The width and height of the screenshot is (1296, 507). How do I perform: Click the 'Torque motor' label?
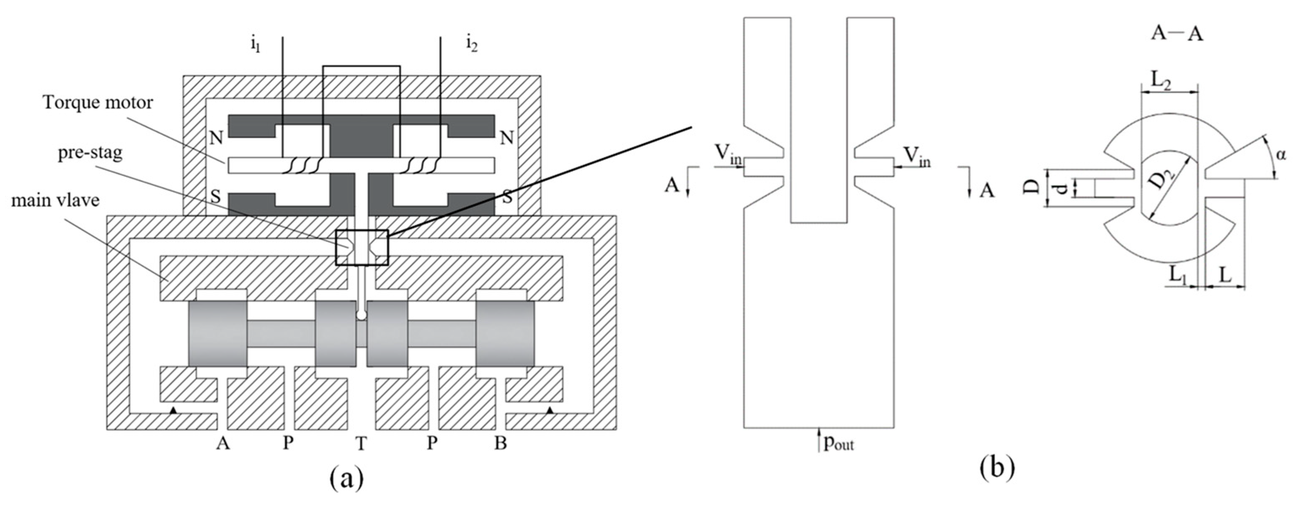coord(98,103)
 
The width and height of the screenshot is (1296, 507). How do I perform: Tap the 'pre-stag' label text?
coord(90,152)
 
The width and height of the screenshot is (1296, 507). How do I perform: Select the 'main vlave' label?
coord(55,200)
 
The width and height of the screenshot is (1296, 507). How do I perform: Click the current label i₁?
coord(256,46)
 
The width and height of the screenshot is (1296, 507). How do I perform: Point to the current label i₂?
coord(471,46)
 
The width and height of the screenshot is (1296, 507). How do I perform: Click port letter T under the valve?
coord(361,444)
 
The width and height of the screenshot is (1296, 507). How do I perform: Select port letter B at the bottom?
coord(500,443)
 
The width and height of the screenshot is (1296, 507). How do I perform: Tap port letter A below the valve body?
coord(223,443)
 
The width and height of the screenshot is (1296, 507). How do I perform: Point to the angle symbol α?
coord(1281,155)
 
